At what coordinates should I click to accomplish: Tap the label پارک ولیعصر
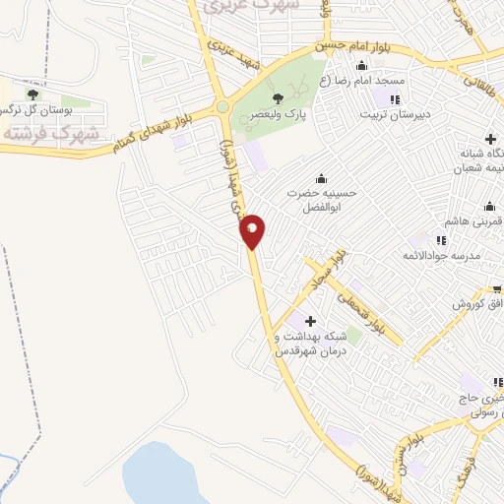pos(280,114)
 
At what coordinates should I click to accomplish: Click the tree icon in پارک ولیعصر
pos(278,97)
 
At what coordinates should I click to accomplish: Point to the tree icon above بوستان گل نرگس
pos(33,94)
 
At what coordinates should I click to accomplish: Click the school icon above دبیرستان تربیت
pos(395,100)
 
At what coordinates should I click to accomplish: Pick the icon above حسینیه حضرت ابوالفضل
pos(321,178)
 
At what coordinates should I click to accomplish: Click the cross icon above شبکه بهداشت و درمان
pos(310,321)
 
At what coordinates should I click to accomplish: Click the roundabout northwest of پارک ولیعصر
pos(223,106)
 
